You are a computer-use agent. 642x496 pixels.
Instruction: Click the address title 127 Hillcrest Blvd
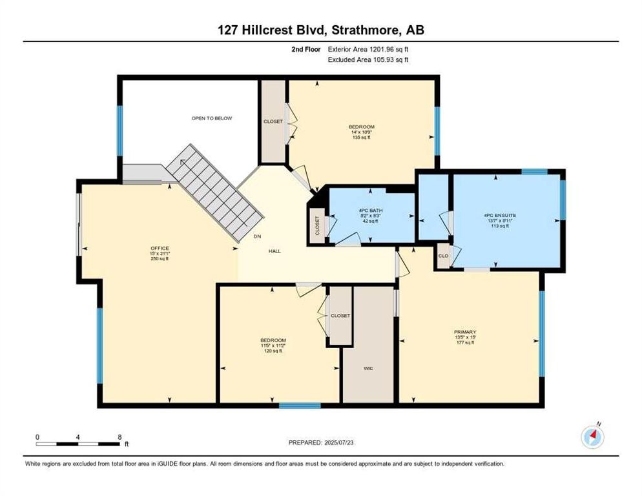point(320,30)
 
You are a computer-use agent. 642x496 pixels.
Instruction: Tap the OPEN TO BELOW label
point(211,118)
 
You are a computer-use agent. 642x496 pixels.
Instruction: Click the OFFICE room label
point(160,248)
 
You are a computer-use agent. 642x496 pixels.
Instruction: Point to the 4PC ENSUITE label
point(499,214)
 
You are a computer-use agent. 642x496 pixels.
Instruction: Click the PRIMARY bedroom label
point(464,332)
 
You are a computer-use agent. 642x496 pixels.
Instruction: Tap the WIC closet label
point(368,367)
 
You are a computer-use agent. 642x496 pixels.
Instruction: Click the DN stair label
point(257,236)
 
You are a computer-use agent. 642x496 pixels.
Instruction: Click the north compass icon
point(592,437)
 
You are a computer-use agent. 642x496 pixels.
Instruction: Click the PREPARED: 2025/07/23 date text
point(320,442)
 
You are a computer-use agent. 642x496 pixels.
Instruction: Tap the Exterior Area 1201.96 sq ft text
point(368,49)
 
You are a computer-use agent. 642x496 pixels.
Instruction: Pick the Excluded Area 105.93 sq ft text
point(368,59)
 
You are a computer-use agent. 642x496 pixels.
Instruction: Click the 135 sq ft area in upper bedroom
point(361,138)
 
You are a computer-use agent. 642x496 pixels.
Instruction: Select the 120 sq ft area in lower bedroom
point(273,351)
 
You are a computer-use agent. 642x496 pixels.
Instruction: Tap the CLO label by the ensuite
point(443,255)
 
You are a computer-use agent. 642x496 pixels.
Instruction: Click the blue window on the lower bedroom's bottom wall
point(300,406)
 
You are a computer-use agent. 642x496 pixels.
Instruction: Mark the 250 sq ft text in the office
point(160,259)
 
